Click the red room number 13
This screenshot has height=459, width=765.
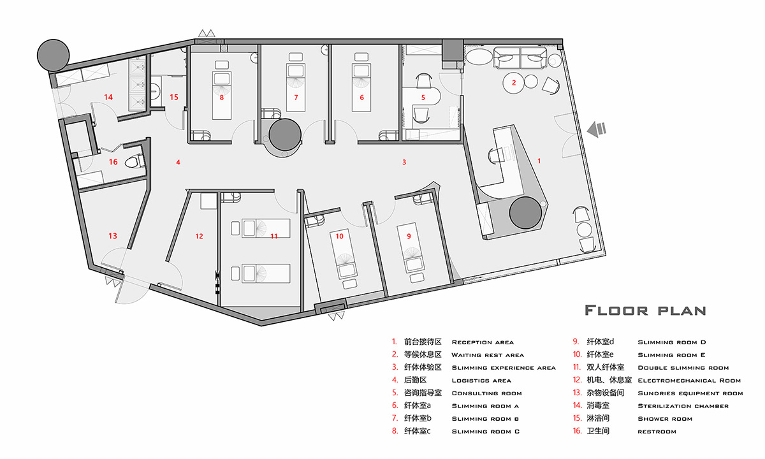(x=112, y=236)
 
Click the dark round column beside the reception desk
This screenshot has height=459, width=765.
(x=527, y=213)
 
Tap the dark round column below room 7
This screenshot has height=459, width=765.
(x=284, y=135)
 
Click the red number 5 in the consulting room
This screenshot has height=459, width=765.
(x=422, y=98)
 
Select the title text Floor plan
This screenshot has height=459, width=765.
(x=645, y=310)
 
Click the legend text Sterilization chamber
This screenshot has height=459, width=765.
(x=683, y=406)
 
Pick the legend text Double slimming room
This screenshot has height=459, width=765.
(x=683, y=368)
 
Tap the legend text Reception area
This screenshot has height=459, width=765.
(x=482, y=342)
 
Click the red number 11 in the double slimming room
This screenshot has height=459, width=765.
(x=274, y=236)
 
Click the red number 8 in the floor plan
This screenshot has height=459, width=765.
(x=221, y=98)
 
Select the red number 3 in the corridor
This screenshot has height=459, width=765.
(x=404, y=162)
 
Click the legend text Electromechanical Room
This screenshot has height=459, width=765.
(x=689, y=381)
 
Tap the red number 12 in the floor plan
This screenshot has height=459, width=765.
(x=199, y=236)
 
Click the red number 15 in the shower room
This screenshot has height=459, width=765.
(x=174, y=97)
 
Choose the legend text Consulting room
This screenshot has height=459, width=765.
(x=486, y=393)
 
